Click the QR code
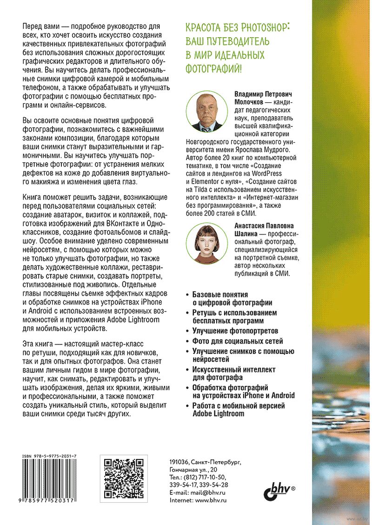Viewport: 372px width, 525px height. (x=122, y=478)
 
